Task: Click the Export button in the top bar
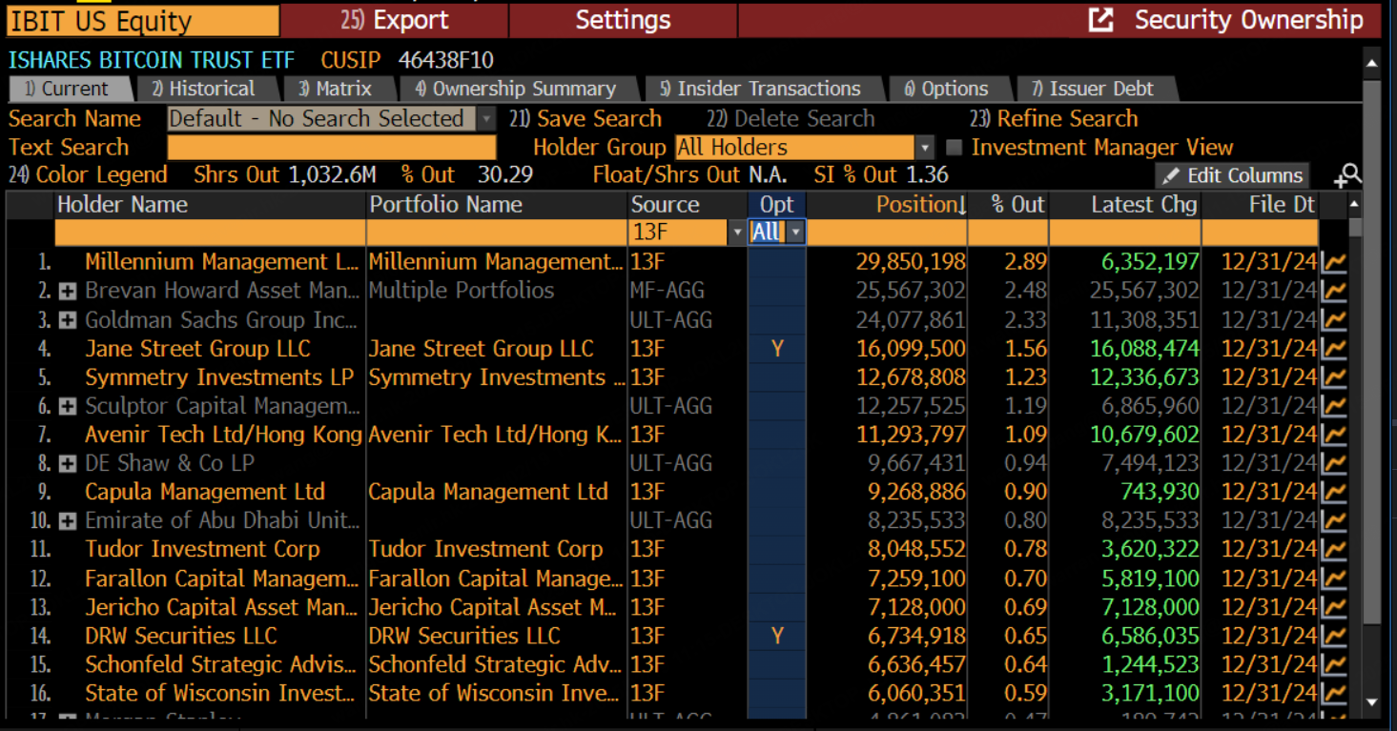(x=395, y=20)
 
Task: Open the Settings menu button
(x=623, y=20)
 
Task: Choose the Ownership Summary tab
(x=516, y=89)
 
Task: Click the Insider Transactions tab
(x=760, y=89)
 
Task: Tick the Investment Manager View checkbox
(x=954, y=148)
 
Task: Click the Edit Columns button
(x=1232, y=175)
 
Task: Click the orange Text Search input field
(x=331, y=148)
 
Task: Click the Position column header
(x=920, y=205)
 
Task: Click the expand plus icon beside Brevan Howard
(x=68, y=291)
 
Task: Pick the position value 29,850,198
(x=911, y=262)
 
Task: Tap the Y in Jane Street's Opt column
(x=777, y=349)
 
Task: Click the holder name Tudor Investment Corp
(x=202, y=549)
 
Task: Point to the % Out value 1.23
(x=1025, y=377)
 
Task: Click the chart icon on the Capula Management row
(x=1333, y=493)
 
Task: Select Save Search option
(x=586, y=119)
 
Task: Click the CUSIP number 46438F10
(x=445, y=60)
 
